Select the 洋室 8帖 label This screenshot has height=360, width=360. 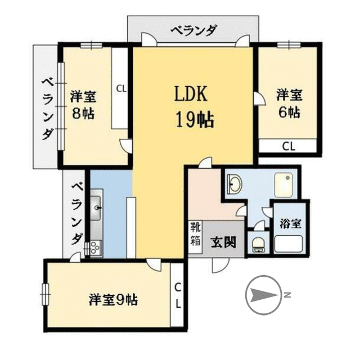pos(82,104)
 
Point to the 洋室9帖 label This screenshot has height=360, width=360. pos(113,299)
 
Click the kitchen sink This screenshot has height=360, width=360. pos(96,209)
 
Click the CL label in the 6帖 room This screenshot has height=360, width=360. pos(289,147)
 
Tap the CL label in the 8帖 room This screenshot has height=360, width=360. pos(121,88)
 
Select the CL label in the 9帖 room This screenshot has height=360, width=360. pos(177,295)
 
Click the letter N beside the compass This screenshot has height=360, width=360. pos(287,295)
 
